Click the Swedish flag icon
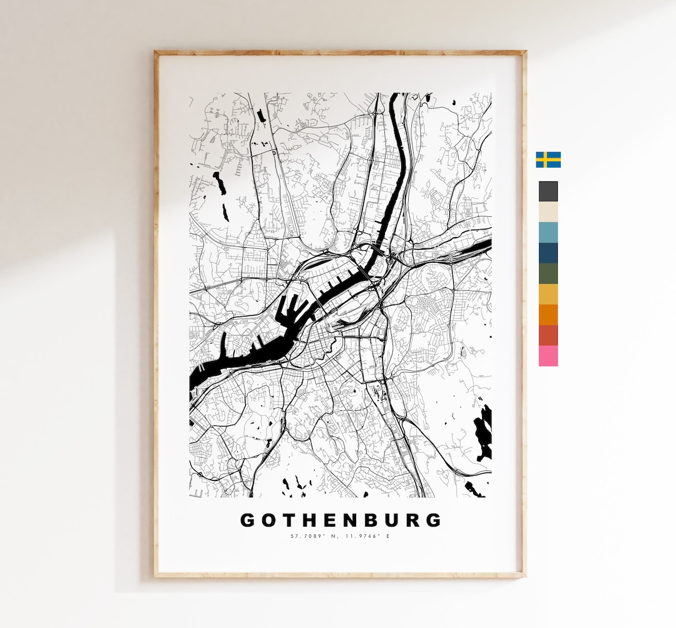[548, 160]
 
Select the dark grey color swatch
[548, 191]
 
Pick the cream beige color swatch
[548, 212]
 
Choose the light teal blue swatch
[548, 233]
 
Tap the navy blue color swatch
[548, 253]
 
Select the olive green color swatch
[548, 274]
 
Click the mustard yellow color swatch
[548, 294]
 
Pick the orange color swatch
[548, 315]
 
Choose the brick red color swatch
[548, 335]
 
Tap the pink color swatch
[548, 356]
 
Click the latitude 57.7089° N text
[314, 536]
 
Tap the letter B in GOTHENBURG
[371, 520]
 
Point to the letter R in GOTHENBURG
[412, 520]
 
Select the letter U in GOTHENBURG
[392, 520]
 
